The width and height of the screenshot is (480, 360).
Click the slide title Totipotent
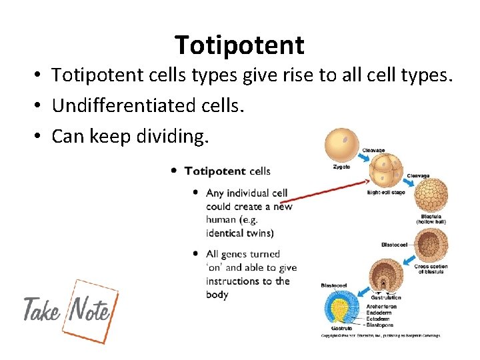239,45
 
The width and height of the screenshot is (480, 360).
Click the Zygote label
341,167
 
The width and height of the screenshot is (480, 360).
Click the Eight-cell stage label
386,193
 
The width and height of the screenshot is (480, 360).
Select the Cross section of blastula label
431,269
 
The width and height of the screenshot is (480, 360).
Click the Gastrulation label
387,297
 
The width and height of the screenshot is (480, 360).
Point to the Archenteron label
381,307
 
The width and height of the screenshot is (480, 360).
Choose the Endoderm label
380,313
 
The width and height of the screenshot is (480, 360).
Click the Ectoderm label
379,319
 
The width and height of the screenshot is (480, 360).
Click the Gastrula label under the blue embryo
342,329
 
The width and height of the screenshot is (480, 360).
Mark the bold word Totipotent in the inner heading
215,171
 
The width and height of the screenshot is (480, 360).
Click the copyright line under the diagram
380,335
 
